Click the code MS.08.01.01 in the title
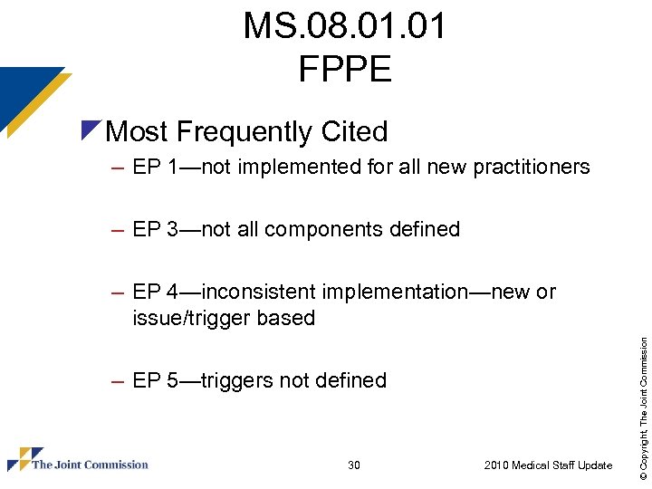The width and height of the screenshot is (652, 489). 344,26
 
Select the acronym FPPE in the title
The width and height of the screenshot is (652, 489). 344,68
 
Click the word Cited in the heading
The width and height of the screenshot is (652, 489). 353,132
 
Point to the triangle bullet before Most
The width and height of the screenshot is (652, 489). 91,130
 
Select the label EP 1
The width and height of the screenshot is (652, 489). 155,168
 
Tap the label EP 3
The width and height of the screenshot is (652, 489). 155,230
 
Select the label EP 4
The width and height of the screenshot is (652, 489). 155,292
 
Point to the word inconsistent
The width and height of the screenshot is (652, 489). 258,292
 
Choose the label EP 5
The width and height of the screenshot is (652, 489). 155,381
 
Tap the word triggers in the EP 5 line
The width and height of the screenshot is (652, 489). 237,381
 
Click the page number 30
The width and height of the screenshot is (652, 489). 354,465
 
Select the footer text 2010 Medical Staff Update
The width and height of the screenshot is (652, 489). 548,465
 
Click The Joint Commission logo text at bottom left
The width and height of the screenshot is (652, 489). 90,465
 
